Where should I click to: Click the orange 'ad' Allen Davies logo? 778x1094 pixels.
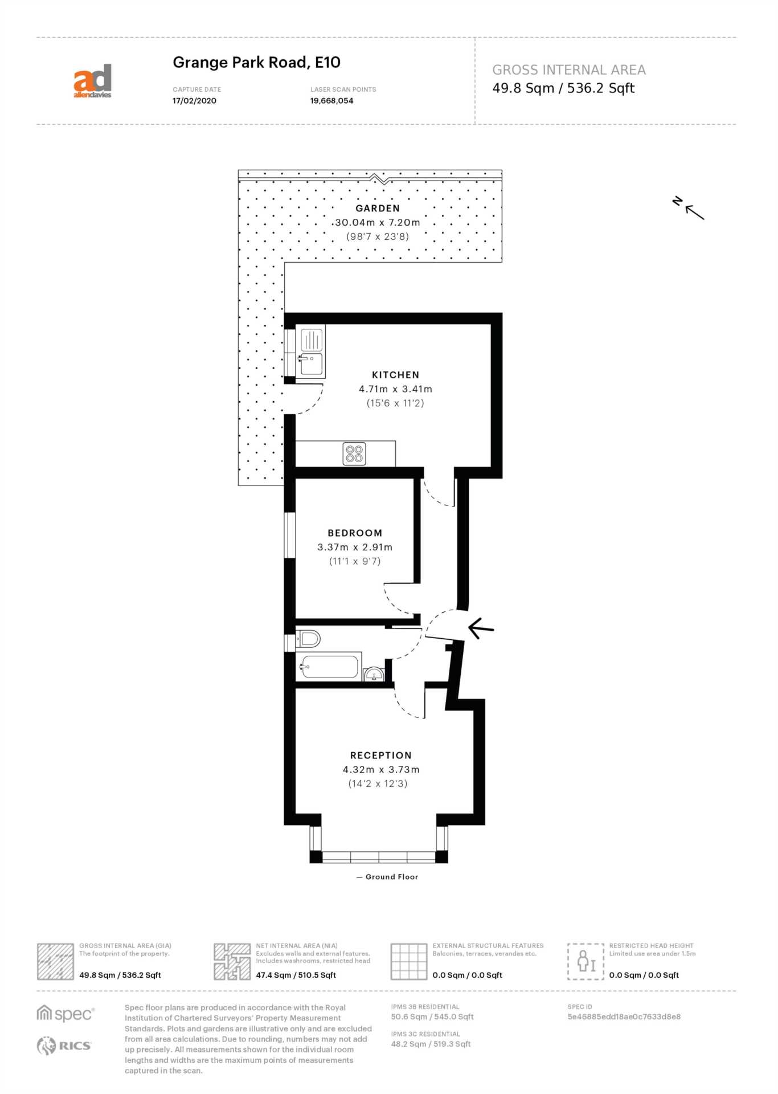pyautogui.click(x=92, y=81)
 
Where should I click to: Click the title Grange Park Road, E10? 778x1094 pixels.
pyautogui.click(x=256, y=62)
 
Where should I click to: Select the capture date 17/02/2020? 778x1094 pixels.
pyautogui.click(x=194, y=101)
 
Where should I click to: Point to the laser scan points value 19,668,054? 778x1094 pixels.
pyautogui.click(x=331, y=101)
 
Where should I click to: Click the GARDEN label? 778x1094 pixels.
pyautogui.click(x=378, y=209)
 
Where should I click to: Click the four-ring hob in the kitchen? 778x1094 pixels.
pyautogui.click(x=354, y=454)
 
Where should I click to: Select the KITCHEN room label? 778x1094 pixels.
pyautogui.click(x=395, y=375)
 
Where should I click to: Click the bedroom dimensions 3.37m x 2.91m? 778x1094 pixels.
pyautogui.click(x=355, y=547)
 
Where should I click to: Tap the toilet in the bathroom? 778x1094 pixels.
pyautogui.click(x=308, y=639)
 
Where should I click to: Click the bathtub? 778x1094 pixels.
pyautogui.click(x=329, y=666)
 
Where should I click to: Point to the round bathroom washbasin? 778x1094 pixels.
pyautogui.click(x=374, y=674)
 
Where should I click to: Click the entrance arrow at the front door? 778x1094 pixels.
pyautogui.click(x=481, y=628)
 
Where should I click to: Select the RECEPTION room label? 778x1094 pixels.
pyautogui.click(x=380, y=756)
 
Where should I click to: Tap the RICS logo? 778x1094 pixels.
pyautogui.click(x=64, y=1046)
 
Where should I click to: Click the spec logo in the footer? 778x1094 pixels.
pyautogui.click(x=65, y=1014)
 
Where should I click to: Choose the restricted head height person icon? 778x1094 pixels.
pyautogui.click(x=585, y=961)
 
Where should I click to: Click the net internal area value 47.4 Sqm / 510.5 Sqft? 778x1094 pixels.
pyautogui.click(x=296, y=975)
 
